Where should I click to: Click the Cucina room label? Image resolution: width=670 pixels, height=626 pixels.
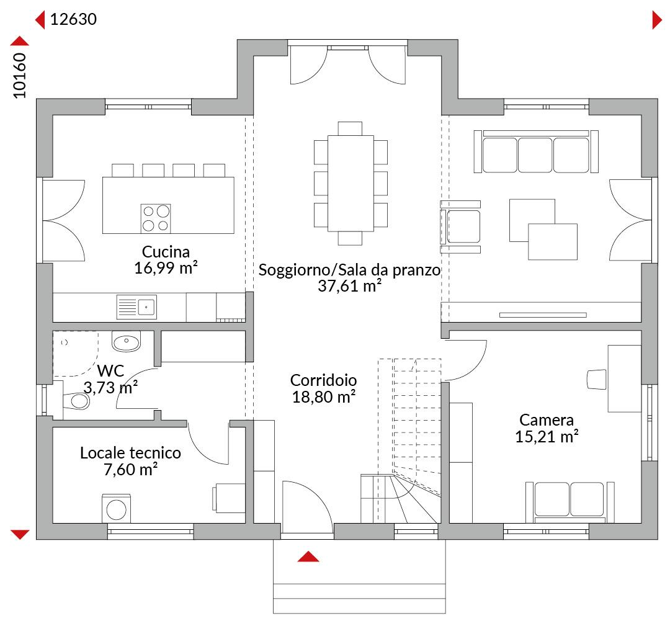166,252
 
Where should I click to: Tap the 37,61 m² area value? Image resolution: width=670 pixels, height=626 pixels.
349,286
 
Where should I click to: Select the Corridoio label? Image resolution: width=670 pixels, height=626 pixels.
323,380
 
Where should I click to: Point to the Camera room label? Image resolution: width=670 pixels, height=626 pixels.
547,419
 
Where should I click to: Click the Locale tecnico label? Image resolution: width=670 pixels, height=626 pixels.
130,453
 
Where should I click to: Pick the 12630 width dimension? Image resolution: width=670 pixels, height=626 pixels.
73,19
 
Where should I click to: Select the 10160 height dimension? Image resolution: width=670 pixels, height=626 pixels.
20,75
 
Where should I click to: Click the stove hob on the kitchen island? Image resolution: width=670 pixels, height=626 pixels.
156,218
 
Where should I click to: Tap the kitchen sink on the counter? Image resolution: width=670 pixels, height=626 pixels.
136,307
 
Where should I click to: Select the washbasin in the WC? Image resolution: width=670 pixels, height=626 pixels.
126,341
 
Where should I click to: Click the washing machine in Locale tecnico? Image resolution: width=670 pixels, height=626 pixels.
116,509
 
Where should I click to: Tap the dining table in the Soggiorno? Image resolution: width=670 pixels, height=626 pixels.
351,183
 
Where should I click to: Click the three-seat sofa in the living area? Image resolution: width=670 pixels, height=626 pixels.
536,152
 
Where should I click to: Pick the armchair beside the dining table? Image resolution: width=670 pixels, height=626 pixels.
460,226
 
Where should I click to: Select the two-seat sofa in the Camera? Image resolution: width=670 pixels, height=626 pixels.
569,502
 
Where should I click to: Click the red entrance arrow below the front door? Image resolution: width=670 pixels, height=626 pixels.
308,557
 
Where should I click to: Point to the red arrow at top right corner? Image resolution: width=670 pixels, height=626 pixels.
657,20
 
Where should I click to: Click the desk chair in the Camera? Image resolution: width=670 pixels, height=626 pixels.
597,380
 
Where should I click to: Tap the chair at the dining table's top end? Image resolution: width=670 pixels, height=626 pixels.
350,128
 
